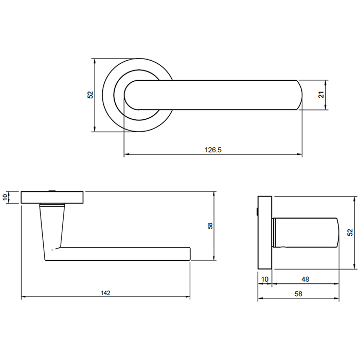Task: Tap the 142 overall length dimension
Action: pos(105,293)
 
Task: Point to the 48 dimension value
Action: pos(305,279)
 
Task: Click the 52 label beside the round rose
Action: pos(91,95)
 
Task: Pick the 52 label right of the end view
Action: pos(350,233)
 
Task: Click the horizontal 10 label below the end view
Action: pos(265,279)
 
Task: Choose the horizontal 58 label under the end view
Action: pos(299,294)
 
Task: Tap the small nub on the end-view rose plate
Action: pos(257,211)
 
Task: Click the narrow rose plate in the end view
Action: pos(265,233)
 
